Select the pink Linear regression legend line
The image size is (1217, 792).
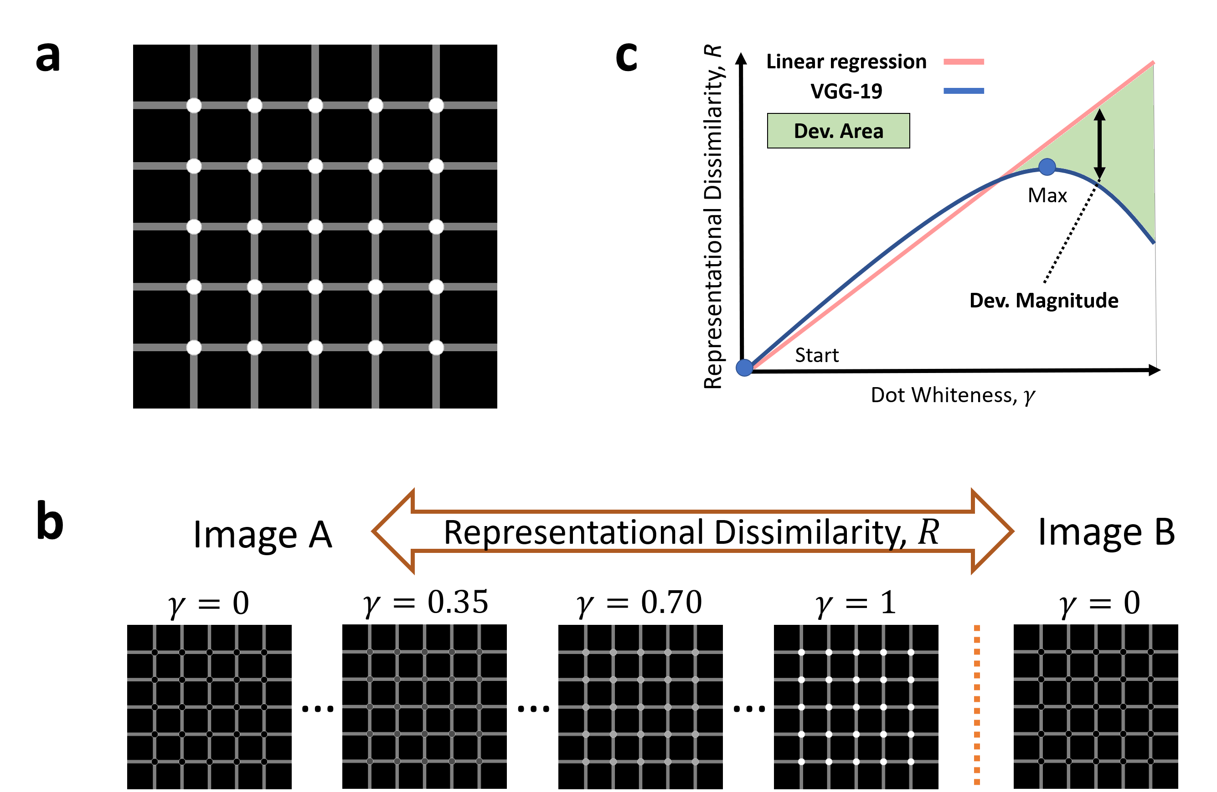point(964,62)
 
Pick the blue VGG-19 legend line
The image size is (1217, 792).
point(964,91)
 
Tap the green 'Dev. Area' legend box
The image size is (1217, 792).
point(838,131)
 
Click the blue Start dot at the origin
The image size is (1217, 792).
point(744,368)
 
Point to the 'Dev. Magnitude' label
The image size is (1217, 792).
point(1044,301)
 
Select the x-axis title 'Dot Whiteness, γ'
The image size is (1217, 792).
point(953,395)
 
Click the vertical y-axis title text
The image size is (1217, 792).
point(713,217)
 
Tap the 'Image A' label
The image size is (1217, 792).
point(263,535)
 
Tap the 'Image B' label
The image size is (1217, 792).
point(1107,532)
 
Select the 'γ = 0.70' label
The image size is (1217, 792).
point(639,603)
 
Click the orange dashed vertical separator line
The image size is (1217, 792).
point(977,705)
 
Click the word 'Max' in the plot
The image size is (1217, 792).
point(1047,196)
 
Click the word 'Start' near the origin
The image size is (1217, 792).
point(817,355)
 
